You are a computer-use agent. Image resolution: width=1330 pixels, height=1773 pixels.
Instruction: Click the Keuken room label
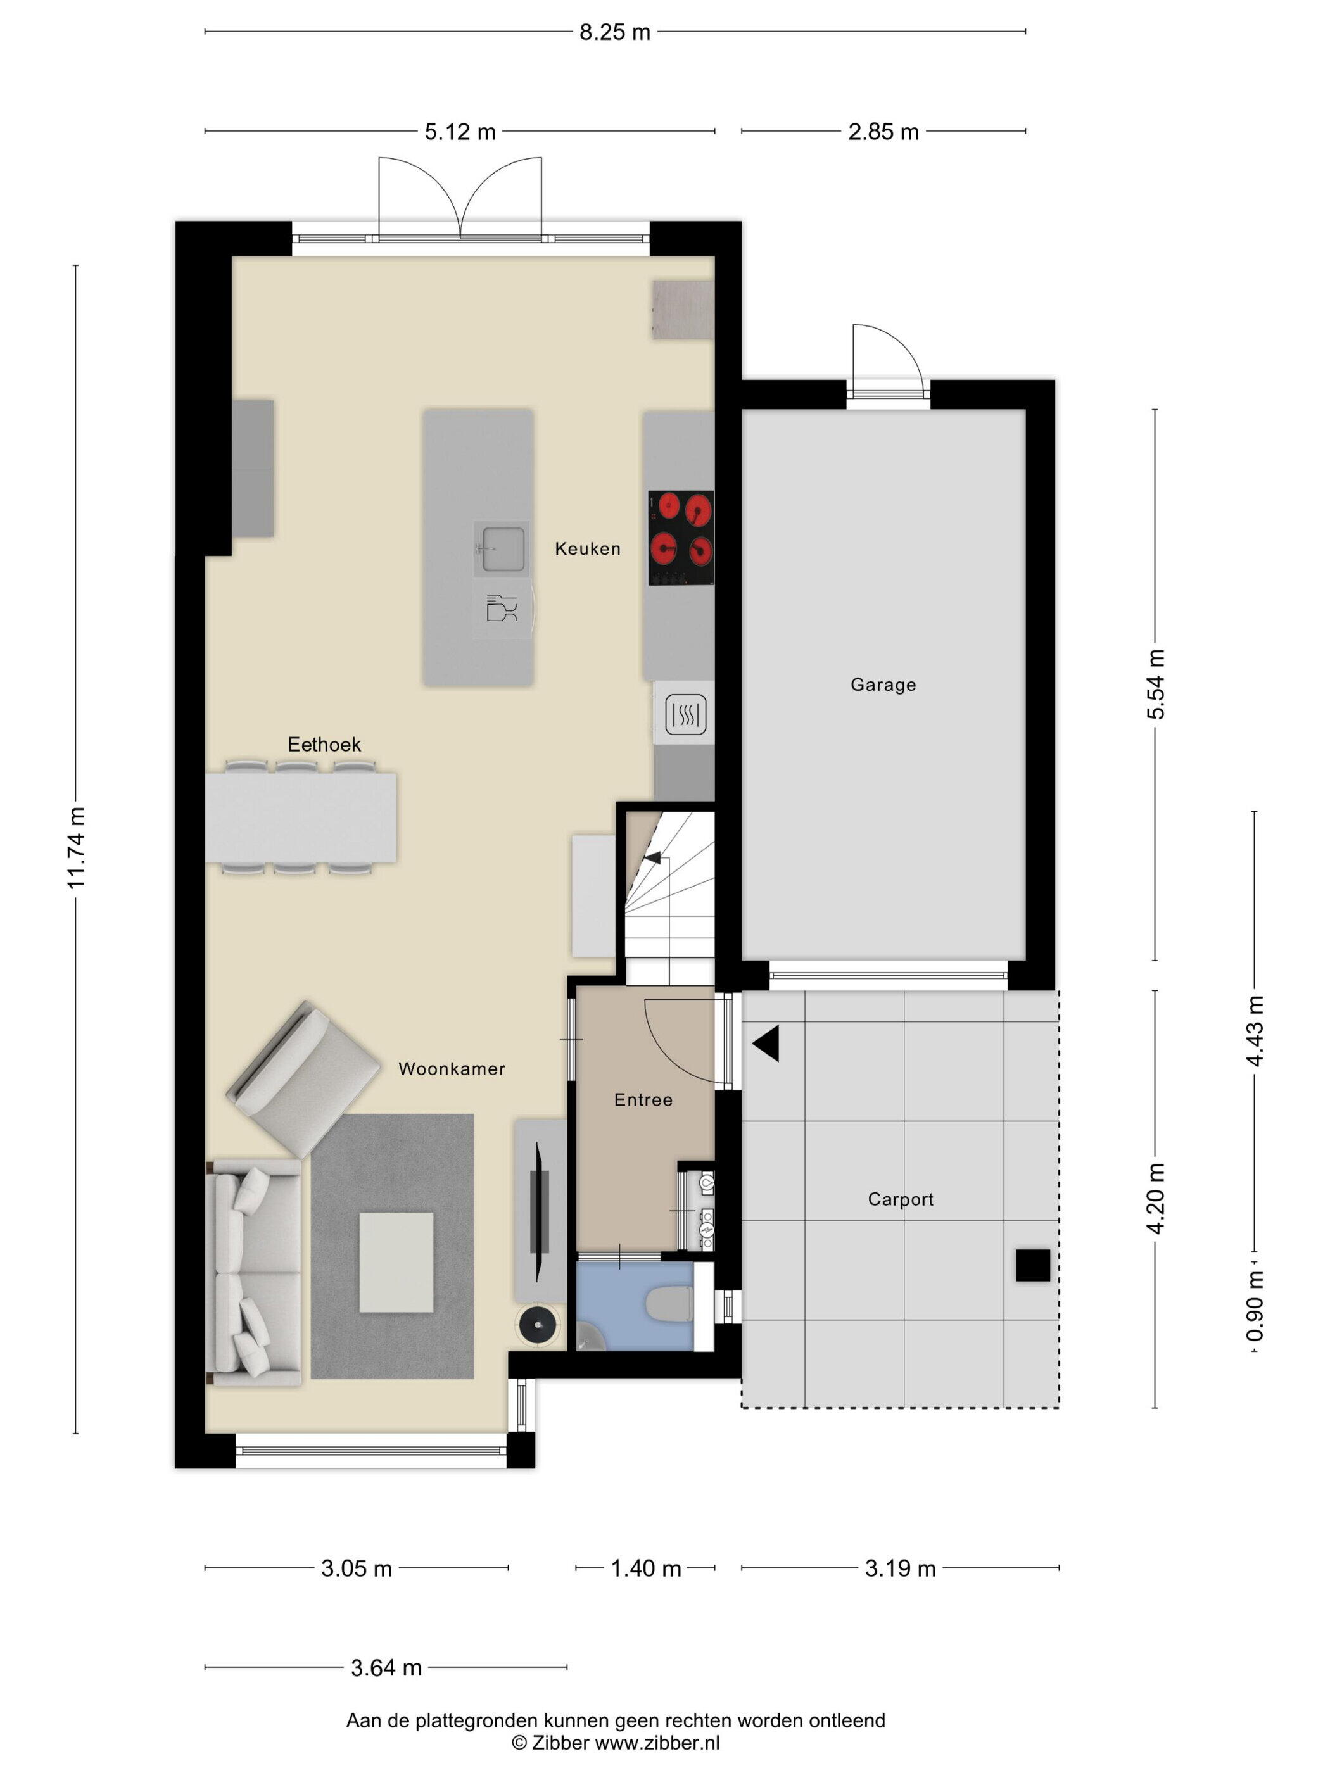[588, 549]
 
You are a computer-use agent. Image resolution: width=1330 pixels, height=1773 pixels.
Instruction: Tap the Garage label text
[883, 685]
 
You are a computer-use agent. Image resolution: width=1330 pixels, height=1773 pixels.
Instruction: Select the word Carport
[901, 1199]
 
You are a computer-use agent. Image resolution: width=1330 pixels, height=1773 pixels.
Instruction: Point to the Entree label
[643, 1100]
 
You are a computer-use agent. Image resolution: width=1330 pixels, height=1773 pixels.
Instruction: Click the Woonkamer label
[452, 1068]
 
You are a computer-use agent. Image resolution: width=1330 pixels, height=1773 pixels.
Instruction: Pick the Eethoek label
[325, 745]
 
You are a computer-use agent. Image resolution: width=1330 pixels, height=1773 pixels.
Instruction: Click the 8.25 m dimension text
[615, 32]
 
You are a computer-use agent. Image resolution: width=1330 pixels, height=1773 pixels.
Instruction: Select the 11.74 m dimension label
[76, 847]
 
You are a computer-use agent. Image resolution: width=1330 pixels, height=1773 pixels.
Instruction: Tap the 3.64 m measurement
[386, 1667]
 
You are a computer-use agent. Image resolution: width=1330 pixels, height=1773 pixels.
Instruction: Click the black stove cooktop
[681, 538]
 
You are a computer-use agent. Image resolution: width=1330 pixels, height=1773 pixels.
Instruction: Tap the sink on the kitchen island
[503, 549]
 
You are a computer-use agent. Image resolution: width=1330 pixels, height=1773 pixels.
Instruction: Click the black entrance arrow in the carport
[766, 1044]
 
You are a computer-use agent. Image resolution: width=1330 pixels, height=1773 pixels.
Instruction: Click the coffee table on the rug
[396, 1261]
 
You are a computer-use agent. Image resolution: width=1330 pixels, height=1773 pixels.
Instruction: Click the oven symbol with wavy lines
[685, 714]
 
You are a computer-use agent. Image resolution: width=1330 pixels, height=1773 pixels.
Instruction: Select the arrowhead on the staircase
[652, 857]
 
